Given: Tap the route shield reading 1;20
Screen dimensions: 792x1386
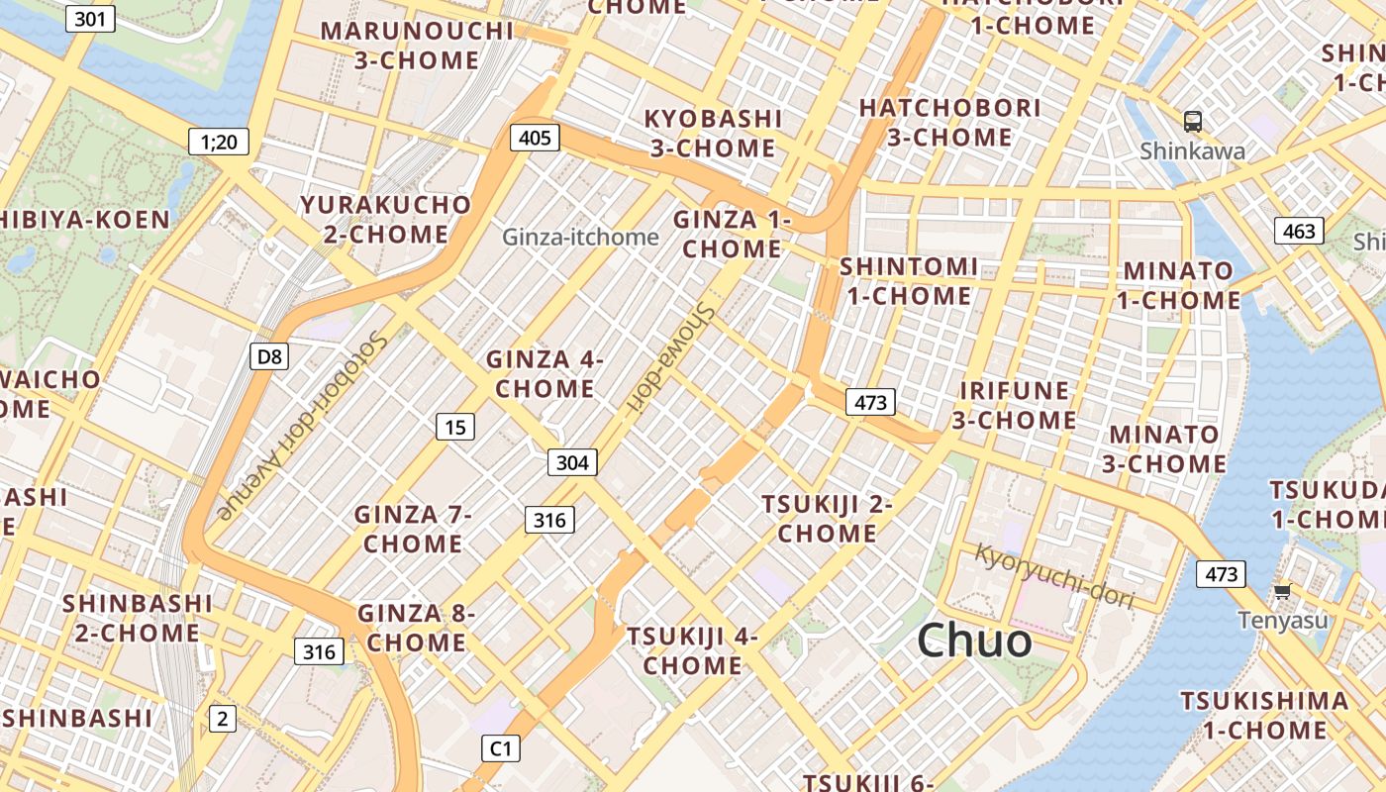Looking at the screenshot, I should (x=218, y=142).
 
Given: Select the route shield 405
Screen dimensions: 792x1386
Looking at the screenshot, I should (x=535, y=138).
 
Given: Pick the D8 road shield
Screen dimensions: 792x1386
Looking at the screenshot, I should (x=268, y=356).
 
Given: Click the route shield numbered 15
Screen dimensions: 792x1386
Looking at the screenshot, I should (x=454, y=427).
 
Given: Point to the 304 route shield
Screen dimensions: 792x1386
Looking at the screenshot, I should (x=572, y=462).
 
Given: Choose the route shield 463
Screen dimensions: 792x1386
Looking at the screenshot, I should (x=1298, y=232).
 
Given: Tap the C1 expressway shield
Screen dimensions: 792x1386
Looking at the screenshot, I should (x=501, y=748).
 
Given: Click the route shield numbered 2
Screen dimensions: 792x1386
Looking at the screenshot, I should (x=222, y=719).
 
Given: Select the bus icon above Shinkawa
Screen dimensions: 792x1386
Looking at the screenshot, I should (x=1193, y=122).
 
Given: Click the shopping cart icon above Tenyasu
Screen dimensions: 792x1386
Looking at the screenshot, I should (x=1282, y=591).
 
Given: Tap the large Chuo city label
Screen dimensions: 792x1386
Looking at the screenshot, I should (x=974, y=641).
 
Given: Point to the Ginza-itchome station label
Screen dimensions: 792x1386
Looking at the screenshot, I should (x=580, y=238).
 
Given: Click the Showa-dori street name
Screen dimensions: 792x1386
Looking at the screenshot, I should (x=670, y=355).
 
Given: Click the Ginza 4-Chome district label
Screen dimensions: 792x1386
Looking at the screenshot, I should (x=544, y=374).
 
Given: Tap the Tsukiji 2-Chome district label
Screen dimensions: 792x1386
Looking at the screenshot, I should (x=827, y=519).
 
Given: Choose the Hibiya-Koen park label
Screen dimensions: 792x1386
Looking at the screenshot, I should (x=85, y=220).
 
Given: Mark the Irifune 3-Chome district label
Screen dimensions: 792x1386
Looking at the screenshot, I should (x=1014, y=405).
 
